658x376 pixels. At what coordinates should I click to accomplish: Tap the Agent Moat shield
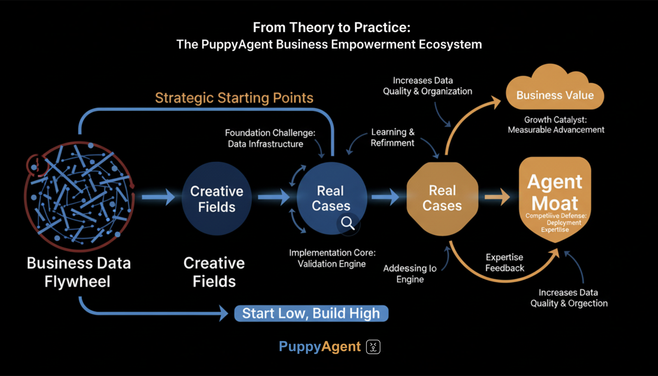tap(555, 197)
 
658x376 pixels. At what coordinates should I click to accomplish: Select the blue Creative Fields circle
tap(217, 199)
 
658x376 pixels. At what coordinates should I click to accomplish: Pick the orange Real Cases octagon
tap(442, 198)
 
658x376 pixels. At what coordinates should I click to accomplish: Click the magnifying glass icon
tap(348, 223)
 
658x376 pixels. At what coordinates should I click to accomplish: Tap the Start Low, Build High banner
tap(311, 313)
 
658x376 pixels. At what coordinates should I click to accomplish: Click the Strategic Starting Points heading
tap(234, 98)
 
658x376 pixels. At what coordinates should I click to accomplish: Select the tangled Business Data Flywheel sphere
tap(79, 196)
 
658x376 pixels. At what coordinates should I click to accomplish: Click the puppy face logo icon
tap(373, 347)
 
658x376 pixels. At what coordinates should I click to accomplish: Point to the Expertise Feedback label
tap(505, 262)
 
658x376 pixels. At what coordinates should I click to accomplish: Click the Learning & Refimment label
tap(393, 137)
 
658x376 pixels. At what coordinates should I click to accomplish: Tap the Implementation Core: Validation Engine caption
tap(332, 258)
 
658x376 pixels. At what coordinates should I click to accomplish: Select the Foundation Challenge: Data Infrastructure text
tap(270, 138)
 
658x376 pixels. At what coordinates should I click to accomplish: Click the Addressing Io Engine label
tap(410, 274)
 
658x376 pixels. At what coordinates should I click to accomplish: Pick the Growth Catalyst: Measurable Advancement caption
tap(556, 125)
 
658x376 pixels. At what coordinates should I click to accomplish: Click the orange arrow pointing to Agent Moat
tap(497, 197)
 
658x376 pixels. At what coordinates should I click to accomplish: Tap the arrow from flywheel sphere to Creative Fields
tap(158, 197)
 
